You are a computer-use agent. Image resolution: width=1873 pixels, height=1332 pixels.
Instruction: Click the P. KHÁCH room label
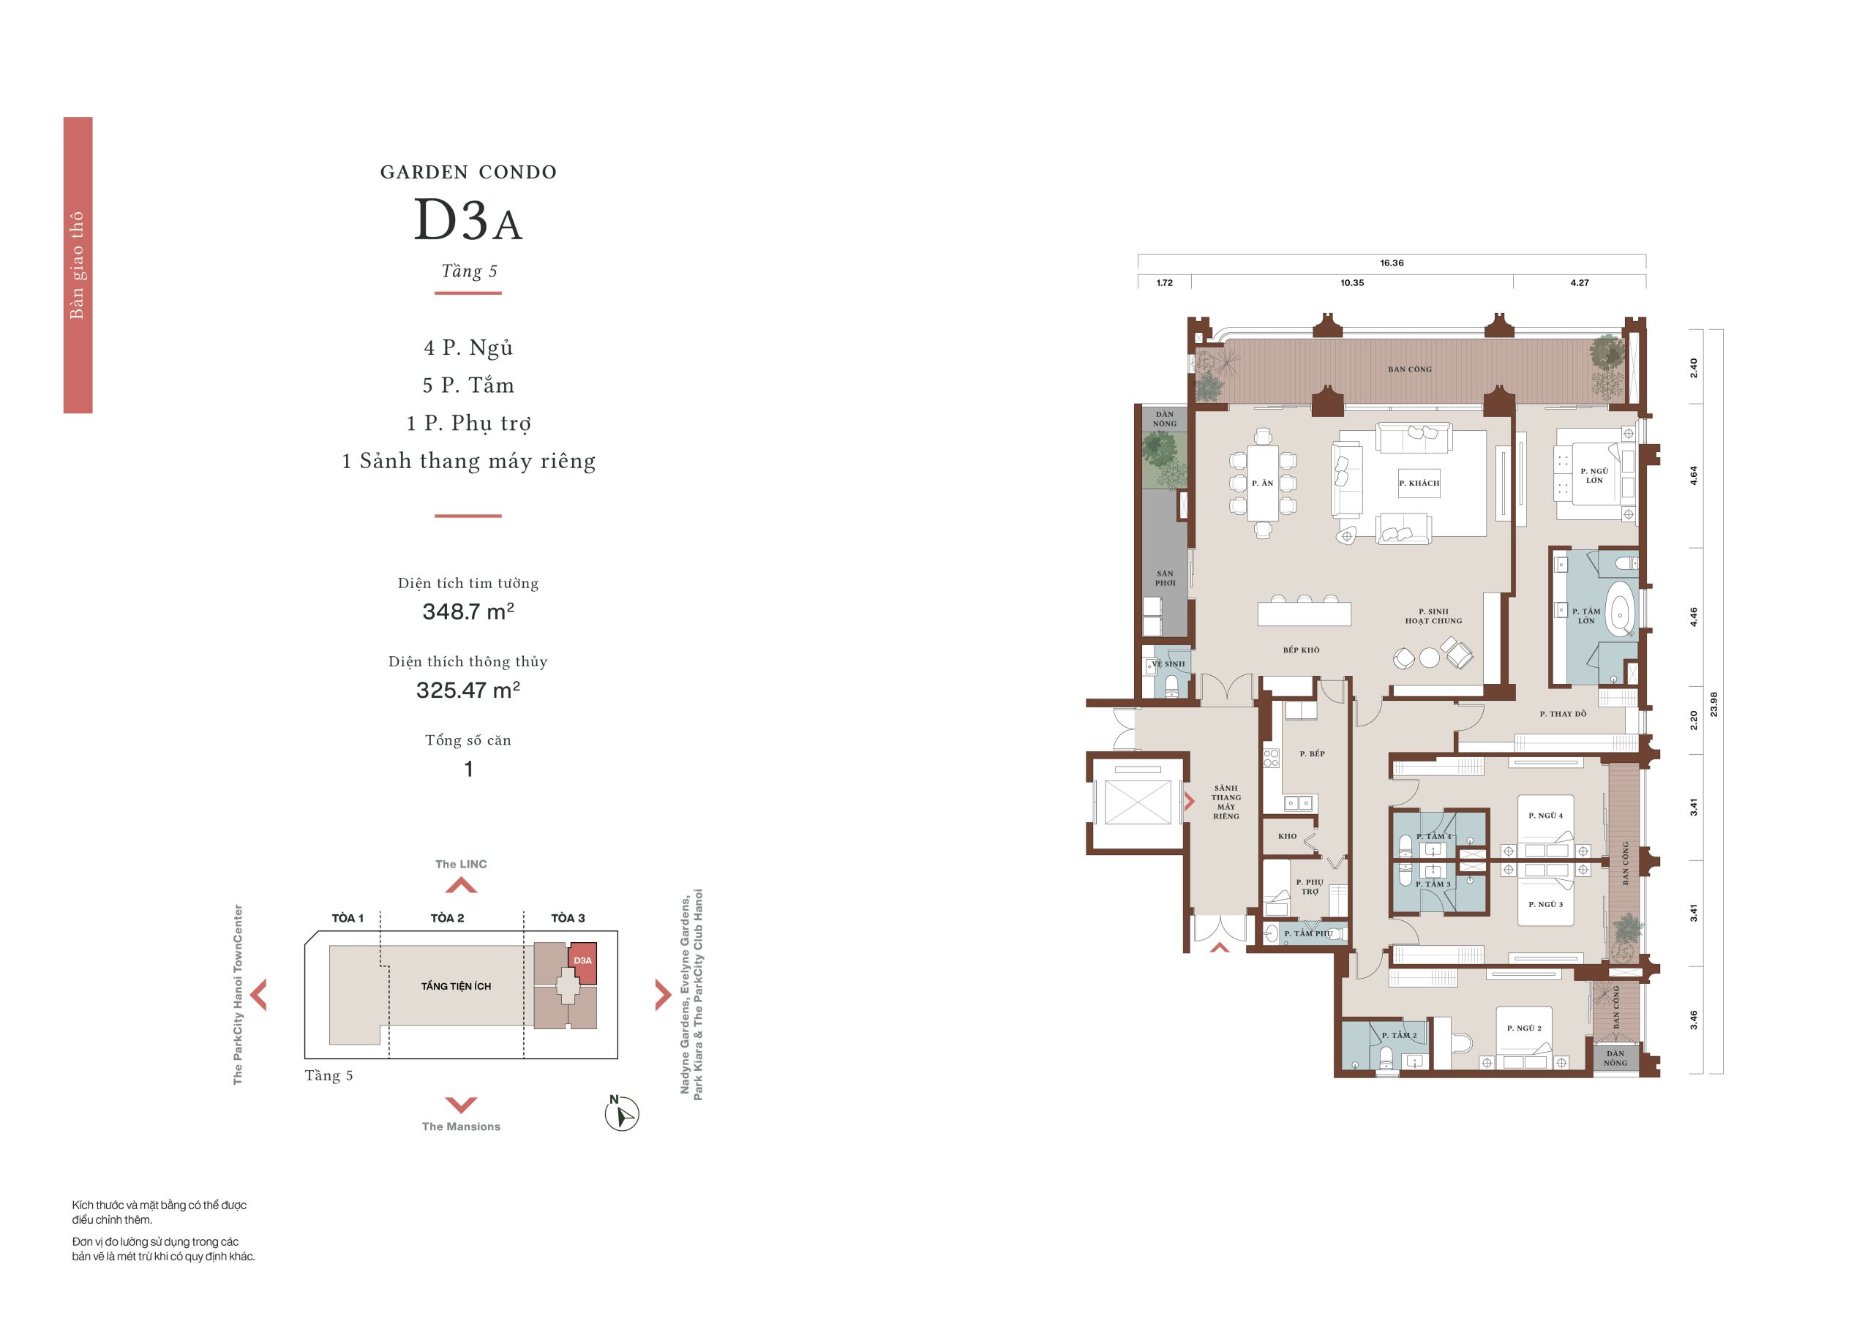[x=1419, y=483]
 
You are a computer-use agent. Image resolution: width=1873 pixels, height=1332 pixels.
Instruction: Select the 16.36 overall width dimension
[x=1392, y=263]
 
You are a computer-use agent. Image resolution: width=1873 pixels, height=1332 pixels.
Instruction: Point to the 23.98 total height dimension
[x=1713, y=704]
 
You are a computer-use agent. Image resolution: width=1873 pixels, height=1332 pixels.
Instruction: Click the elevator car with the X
[x=1137, y=802]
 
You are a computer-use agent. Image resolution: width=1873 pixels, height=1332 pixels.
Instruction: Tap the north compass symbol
[x=621, y=1113]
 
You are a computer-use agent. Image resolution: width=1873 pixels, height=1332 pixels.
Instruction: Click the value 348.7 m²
[x=468, y=611]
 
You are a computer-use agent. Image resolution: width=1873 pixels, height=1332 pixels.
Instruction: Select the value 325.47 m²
[x=468, y=690]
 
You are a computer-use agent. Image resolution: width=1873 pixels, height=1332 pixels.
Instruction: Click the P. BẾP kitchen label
[x=1312, y=753]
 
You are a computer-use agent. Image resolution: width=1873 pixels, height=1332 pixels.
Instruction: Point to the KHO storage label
[x=1287, y=837]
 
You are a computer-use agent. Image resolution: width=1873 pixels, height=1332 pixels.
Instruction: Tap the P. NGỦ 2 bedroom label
[x=1523, y=1028]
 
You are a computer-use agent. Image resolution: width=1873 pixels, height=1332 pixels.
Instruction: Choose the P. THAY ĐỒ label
[x=1563, y=714]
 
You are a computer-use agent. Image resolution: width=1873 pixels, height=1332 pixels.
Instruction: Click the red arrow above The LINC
[x=461, y=885]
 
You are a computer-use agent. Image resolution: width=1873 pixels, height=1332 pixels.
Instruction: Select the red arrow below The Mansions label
[x=461, y=1105]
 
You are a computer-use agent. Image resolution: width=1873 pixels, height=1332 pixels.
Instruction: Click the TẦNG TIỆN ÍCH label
[x=456, y=986]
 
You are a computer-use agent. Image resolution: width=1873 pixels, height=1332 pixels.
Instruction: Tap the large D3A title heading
[x=468, y=220]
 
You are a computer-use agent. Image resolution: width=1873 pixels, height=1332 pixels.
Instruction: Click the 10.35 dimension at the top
[x=1352, y=283]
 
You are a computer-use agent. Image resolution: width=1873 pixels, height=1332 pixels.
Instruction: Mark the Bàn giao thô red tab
[x=78, y=265]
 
